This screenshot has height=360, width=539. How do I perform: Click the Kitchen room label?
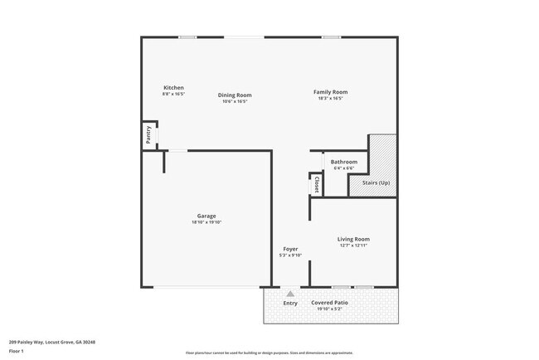point(173,88)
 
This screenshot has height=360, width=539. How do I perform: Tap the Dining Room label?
point(235,95)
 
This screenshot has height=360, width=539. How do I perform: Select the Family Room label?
point(330,92)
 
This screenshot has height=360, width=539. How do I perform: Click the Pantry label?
point(148,135)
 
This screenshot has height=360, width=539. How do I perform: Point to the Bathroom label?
point(343,162)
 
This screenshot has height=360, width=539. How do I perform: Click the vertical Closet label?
point(317,184)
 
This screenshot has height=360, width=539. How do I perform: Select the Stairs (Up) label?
point(376,182)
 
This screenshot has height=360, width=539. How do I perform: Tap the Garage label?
point(206,216)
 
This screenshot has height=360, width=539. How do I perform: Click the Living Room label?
point(353,239)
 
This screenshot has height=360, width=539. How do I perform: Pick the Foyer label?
point(290,249)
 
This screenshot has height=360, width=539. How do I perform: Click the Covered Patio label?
point(328,303)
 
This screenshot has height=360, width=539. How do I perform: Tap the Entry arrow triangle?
point(290,293)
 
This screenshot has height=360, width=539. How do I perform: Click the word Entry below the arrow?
point(290,303)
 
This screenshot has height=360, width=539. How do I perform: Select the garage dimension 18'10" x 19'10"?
point(206,222)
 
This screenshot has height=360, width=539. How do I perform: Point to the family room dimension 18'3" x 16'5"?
point(330,99)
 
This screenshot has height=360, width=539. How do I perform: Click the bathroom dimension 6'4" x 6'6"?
point(343,168)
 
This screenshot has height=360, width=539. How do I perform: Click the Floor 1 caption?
point(17,351)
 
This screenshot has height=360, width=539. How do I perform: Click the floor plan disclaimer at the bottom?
point(269,353)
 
